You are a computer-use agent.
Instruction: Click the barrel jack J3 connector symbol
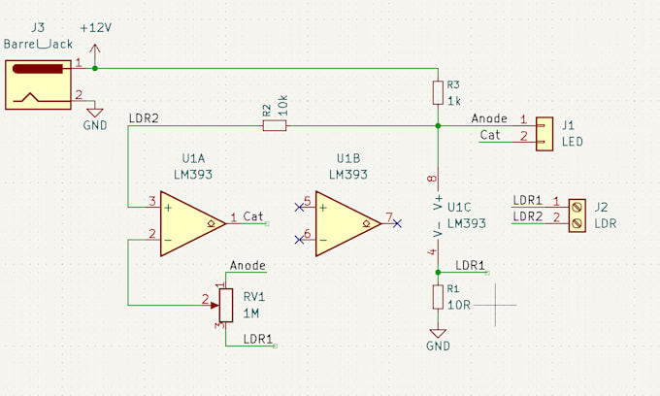pyautogui.click(x=38, y=83)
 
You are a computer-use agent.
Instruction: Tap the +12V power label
pyautogui.click(x=94, y=28)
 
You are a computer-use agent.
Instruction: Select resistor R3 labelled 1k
pyautogui.click(x=438, y=92)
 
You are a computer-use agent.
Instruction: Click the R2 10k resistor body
pyautogui.click(x=274, y=125)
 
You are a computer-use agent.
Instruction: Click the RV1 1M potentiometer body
pyautogui.click(x=225, y=305)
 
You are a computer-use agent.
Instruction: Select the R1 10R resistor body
pyautogui.click(x=438, y=297)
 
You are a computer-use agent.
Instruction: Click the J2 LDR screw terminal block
pyautogui.click(x=577, y=214)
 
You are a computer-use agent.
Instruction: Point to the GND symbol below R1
pyautogui.click(x=438, y=335)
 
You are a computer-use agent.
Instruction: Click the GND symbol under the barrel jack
pyautogui.click(x=95, y=113)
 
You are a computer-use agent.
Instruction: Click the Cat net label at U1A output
pyautogui.click(x=252, y=216)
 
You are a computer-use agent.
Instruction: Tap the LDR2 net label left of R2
pyautogui.click(x=143, y=119)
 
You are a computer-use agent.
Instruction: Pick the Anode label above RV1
pyautogui.click(x=247, y=265)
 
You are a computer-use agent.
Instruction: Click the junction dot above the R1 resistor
pyautogui.click(x=438, y=272)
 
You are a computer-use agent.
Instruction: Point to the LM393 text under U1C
pyautogui.click(x=466, y=222)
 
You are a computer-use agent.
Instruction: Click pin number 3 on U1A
pyautogui.click(x=151, y=201)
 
